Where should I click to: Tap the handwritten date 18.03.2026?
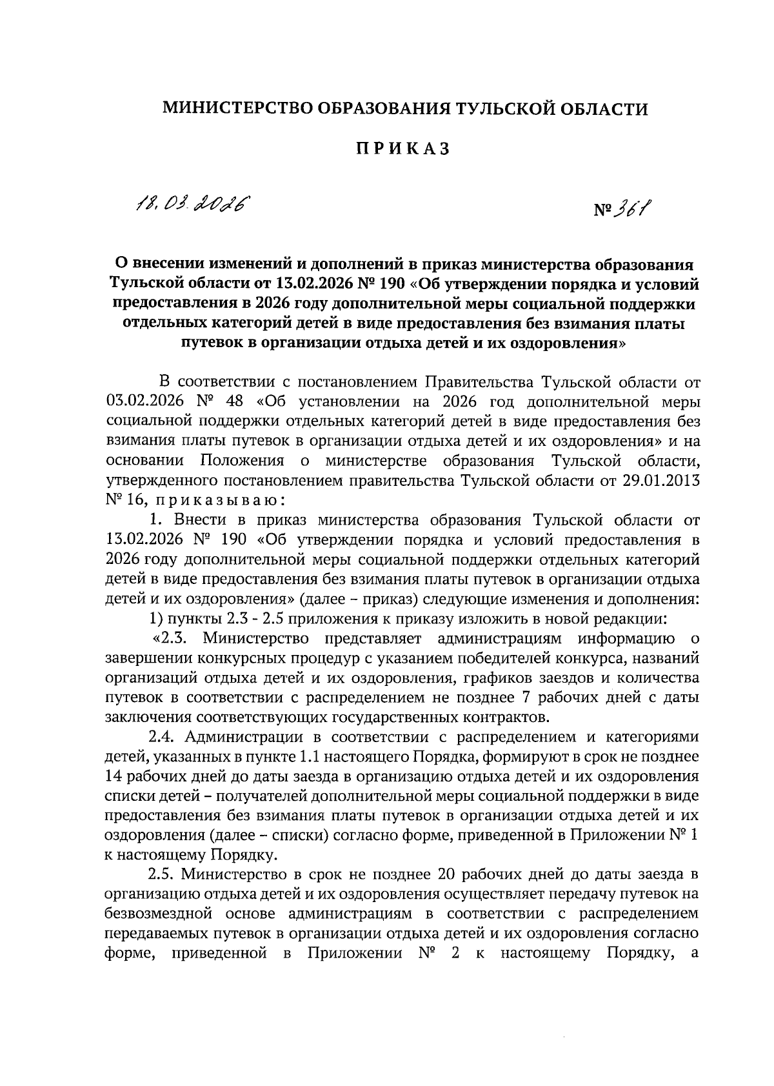192,205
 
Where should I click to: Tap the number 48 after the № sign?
234,401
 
